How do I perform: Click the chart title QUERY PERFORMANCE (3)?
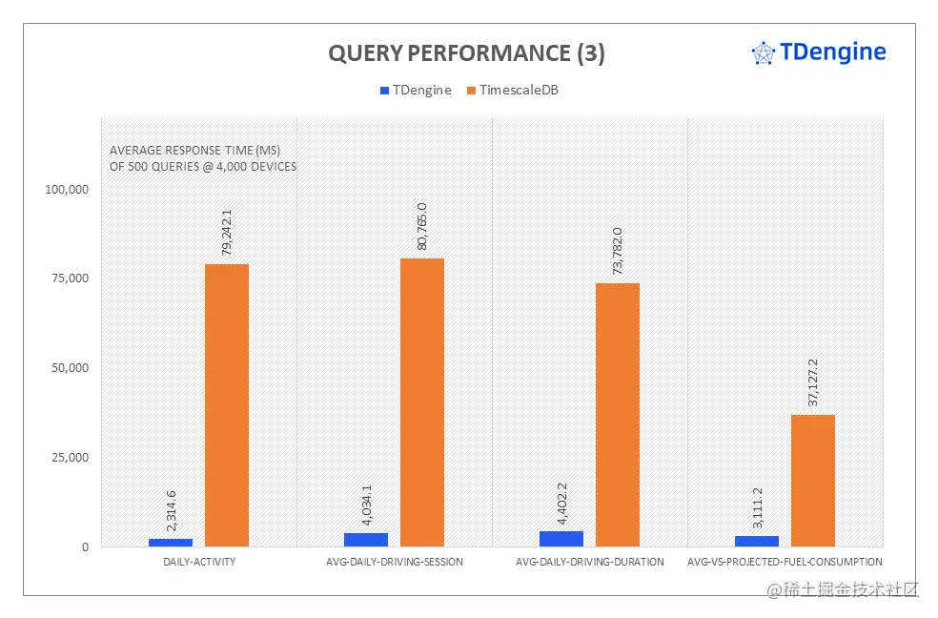point(466,54)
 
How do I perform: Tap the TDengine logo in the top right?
point(819,52)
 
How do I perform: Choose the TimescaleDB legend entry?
point(518,91)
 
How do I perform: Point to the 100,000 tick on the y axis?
point(67,189)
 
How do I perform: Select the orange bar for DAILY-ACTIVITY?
point(227,405)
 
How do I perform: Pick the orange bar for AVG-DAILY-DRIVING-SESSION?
point(422,402)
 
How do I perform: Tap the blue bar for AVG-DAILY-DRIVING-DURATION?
point(561,539)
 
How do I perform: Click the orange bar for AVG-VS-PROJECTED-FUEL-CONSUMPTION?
point(813,481)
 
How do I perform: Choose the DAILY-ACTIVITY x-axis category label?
point(199,562)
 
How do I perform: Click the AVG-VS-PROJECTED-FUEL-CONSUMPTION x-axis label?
point(785,562)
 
